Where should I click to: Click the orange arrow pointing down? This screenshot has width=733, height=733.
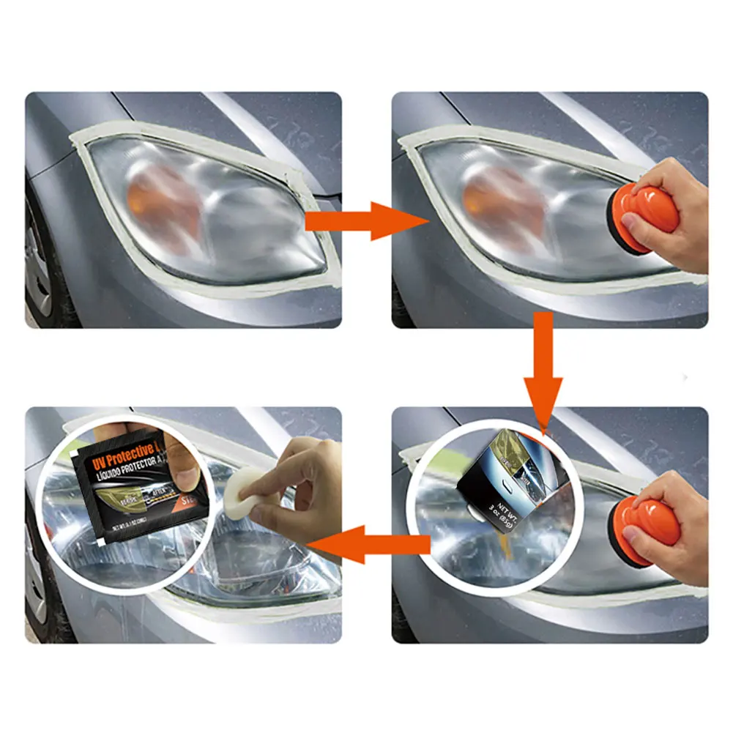click(543, 366)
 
